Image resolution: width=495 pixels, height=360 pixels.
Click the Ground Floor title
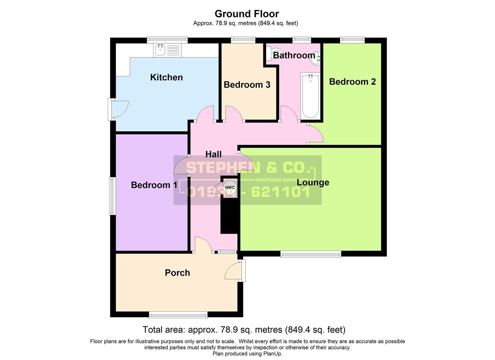point(247,14)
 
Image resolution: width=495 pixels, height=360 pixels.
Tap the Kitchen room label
point(166,77)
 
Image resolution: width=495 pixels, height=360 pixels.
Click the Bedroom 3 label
point(247,85)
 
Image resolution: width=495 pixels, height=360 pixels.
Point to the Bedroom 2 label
point(352,82)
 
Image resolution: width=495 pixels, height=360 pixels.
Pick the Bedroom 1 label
point(154,185)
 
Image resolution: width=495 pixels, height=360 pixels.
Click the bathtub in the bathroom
point(310,96)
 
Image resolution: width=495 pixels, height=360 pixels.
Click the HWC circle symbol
point(230,187)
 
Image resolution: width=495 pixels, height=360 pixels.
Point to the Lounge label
point(313,182)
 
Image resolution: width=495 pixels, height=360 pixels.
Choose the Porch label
point(177,273)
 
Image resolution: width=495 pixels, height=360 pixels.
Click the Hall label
point(213,154)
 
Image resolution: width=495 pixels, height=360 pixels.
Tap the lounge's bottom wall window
point(311,254)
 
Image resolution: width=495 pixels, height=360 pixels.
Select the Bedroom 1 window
point(113,196)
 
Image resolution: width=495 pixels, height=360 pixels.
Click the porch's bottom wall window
point(178,315)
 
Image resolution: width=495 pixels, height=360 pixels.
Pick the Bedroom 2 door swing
point(315,134)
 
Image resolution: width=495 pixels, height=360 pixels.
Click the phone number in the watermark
point(248,192)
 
